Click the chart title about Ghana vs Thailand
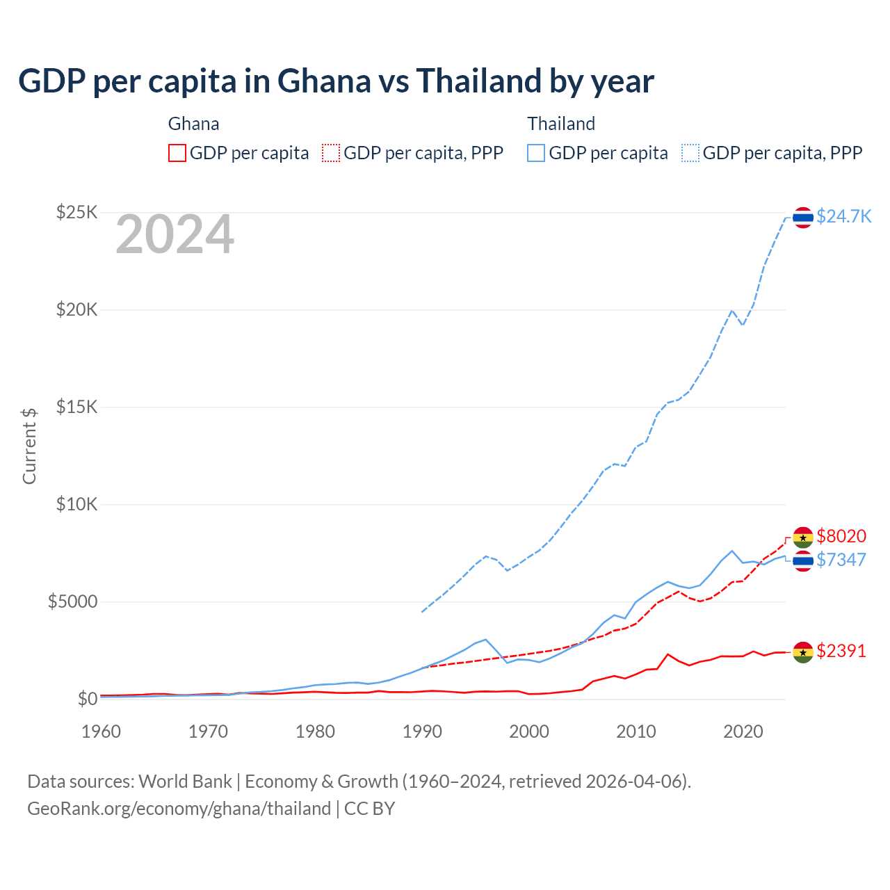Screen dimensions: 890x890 (x=336, y=81)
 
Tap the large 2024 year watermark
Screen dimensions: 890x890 (x=175, y=235)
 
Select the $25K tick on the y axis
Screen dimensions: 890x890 (x=76, y=212)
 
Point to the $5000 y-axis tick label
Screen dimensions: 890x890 (x=72, y=601)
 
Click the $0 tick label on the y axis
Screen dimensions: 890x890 (x=87, y=699)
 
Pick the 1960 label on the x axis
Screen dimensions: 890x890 (x=101, y=731)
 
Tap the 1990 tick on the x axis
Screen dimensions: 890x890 (x=422, y=731)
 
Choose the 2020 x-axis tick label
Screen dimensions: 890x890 (x=743, y=731)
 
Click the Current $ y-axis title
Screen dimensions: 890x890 (x=29, y=446)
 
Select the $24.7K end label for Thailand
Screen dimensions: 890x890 (x=843, y=217)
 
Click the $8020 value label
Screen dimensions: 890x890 (x=841, y=536)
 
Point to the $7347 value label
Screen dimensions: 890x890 (x=841, y=560)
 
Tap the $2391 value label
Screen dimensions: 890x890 (x=841, y=651)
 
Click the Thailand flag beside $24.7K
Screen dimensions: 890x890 (x=803, y=218)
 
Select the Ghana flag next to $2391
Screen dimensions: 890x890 (x=803, y=652)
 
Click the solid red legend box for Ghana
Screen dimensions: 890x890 (x=177, y=153)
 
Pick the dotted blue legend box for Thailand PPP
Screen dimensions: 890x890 (x=690, y=153)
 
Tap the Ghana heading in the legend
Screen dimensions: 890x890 (x=193, y=124)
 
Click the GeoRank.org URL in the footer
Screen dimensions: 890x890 (x=179, y=809)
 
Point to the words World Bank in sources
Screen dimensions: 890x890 (x=185, y=782)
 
